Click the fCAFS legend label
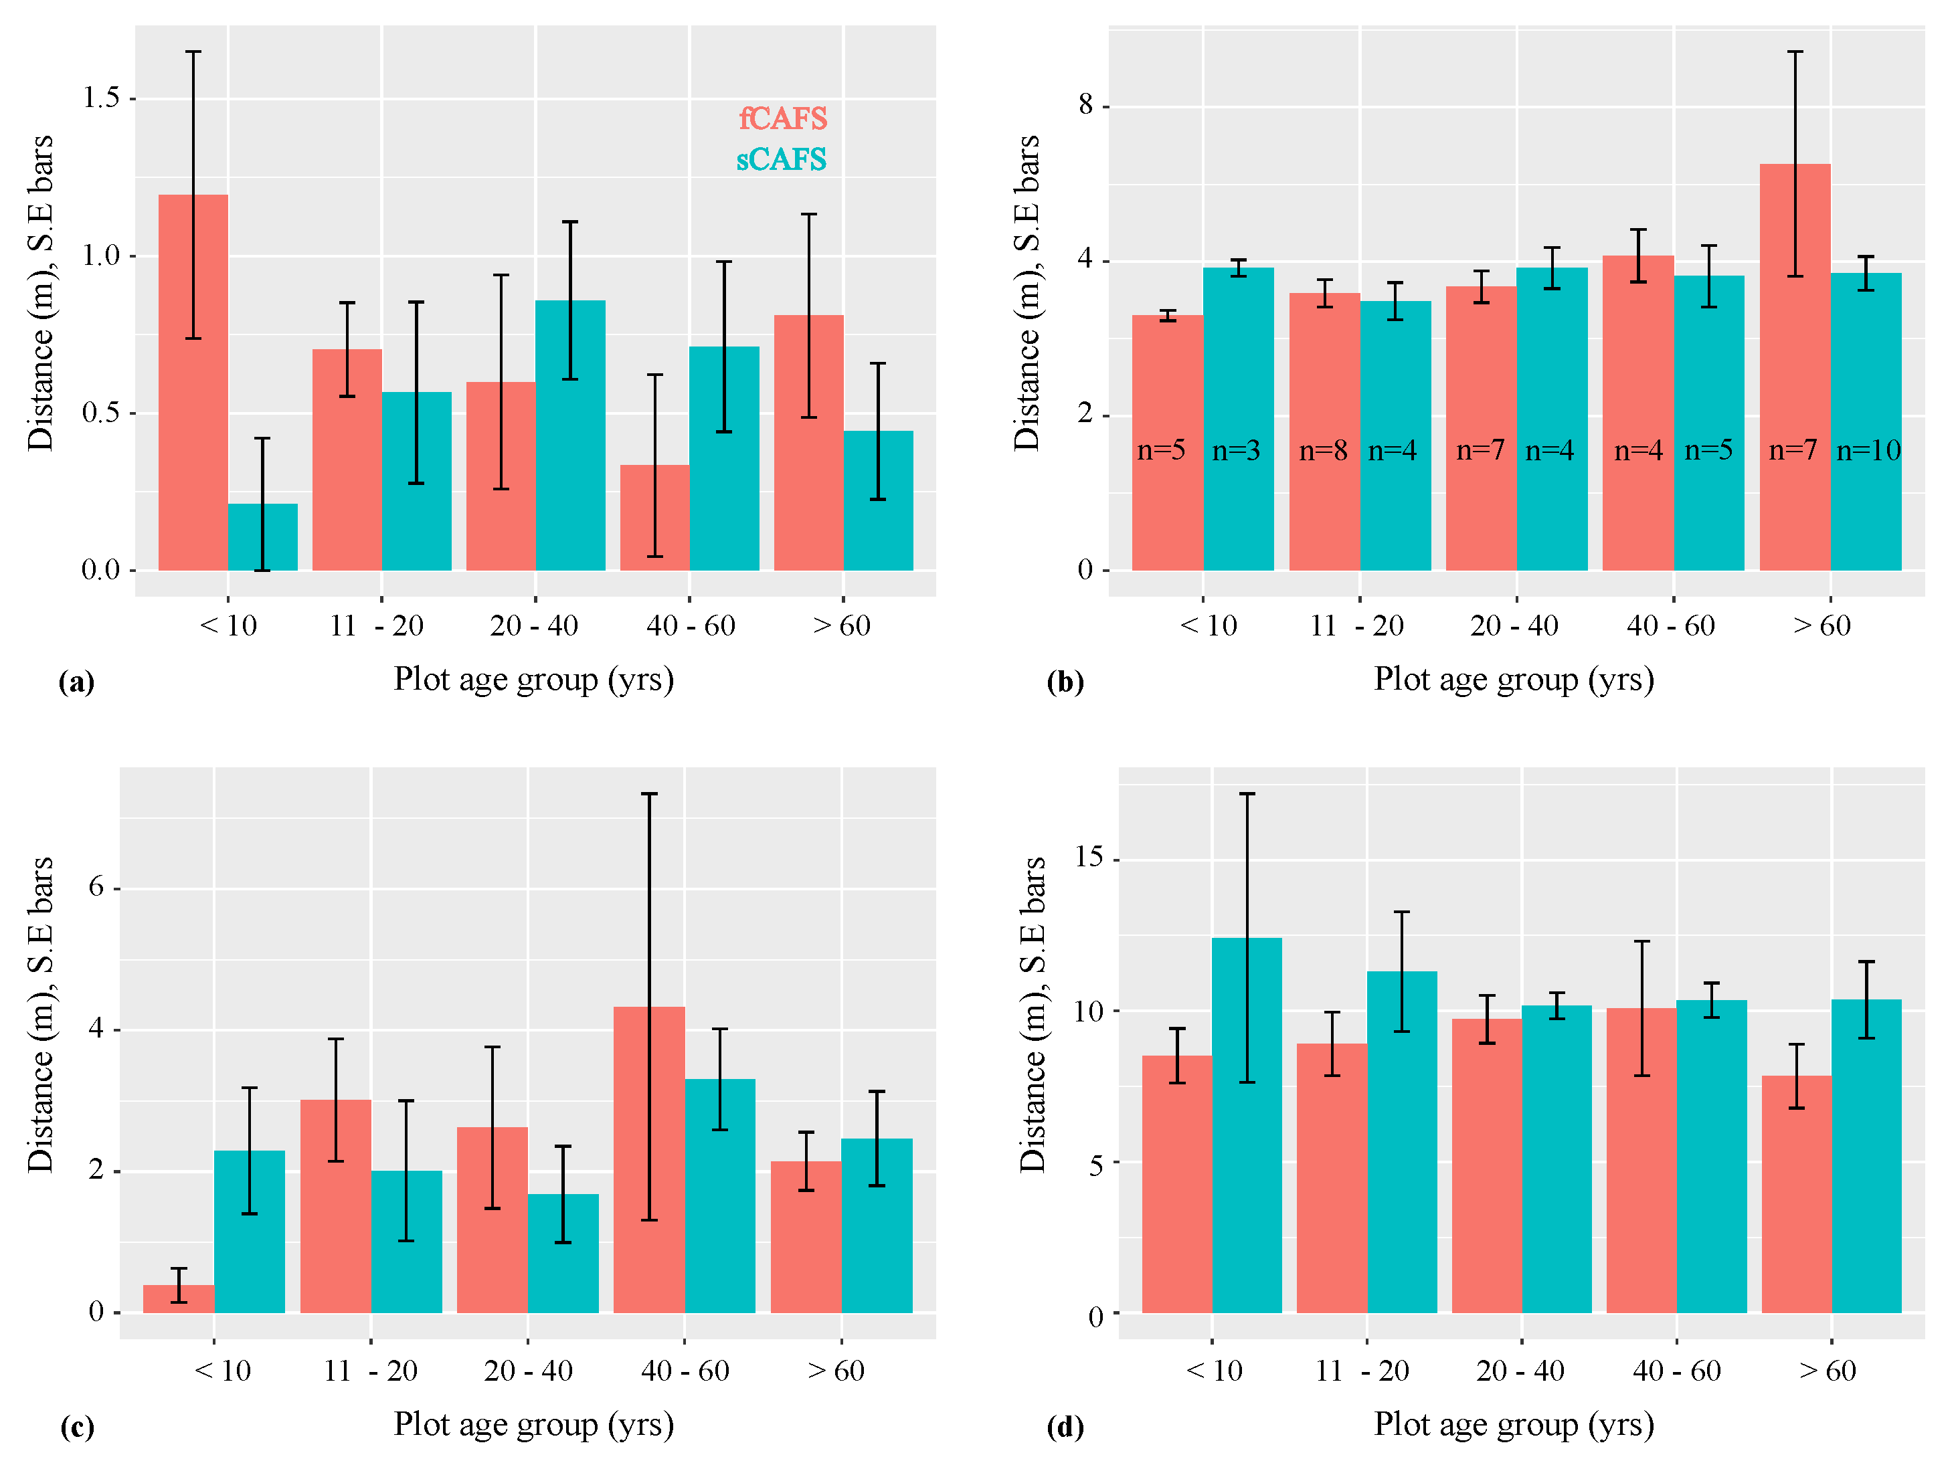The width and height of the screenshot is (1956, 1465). pos(782,118)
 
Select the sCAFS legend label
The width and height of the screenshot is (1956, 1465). pos(781,159)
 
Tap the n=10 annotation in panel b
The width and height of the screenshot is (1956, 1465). pos(1868,451)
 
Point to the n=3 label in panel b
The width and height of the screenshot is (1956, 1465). pos(1235,451)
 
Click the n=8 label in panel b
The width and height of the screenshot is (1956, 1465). pos(1323,451)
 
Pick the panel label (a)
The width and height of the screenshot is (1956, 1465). pos(76,682)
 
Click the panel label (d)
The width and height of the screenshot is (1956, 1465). pos(1065,1427)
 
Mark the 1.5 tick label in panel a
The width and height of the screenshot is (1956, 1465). pos(101,98)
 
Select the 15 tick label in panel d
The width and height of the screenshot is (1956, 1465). pos(1089,857)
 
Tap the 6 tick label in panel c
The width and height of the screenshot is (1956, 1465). pos(96,887)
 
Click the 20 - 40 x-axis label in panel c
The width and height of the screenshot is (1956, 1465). pos(528,1371)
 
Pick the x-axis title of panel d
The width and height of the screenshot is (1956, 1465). pos(1513,1424)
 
